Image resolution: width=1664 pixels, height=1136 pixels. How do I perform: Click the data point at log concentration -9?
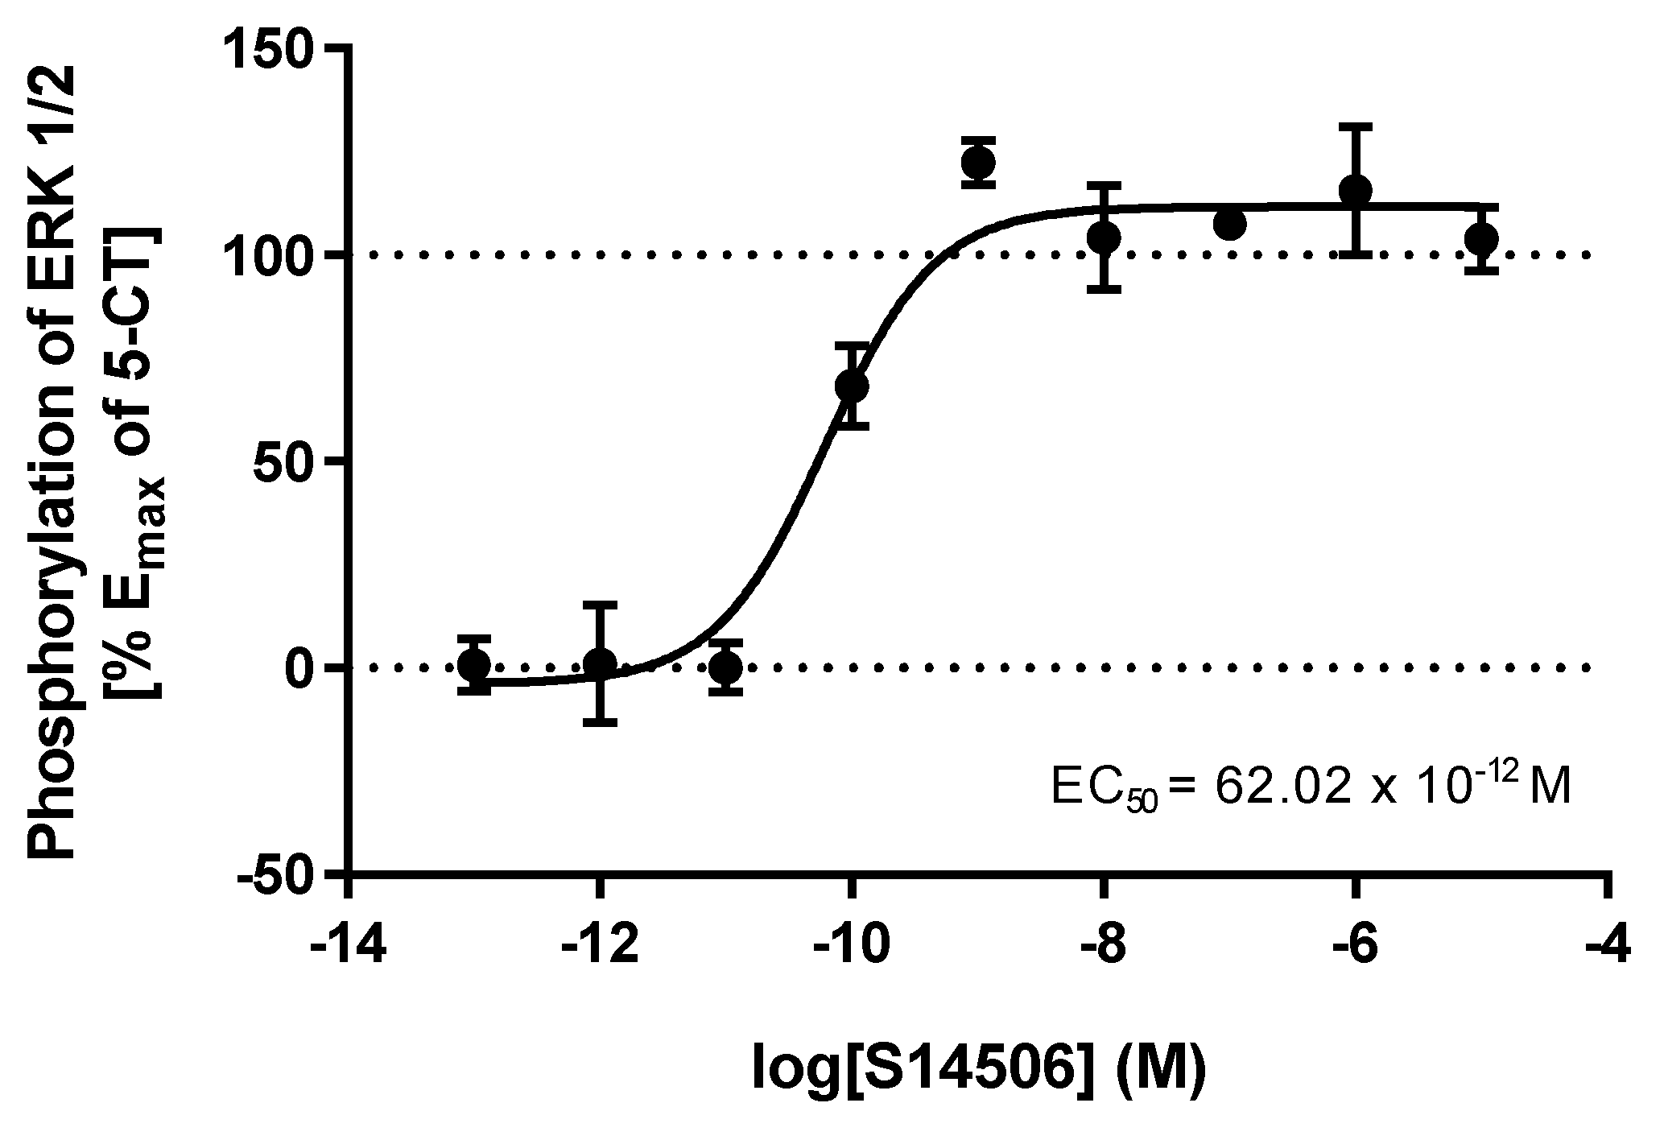coord(978,163)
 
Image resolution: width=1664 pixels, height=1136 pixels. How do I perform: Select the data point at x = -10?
coord(852,386)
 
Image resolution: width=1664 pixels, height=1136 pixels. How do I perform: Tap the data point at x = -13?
coord(473,665)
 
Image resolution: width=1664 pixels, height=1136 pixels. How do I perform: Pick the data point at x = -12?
coord(600,664)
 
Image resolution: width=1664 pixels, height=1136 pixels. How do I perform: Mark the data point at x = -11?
coord(726,667)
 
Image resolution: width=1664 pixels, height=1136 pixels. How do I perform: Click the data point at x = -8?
coord(1104,238)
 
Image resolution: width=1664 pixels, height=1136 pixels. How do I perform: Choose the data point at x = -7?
coord(1229,225)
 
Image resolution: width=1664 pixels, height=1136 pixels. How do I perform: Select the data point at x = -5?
coord(1481,239)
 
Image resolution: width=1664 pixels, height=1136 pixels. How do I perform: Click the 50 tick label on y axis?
coord(287,461)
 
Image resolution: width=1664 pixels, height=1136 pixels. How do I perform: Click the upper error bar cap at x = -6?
coord(1356,126)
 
